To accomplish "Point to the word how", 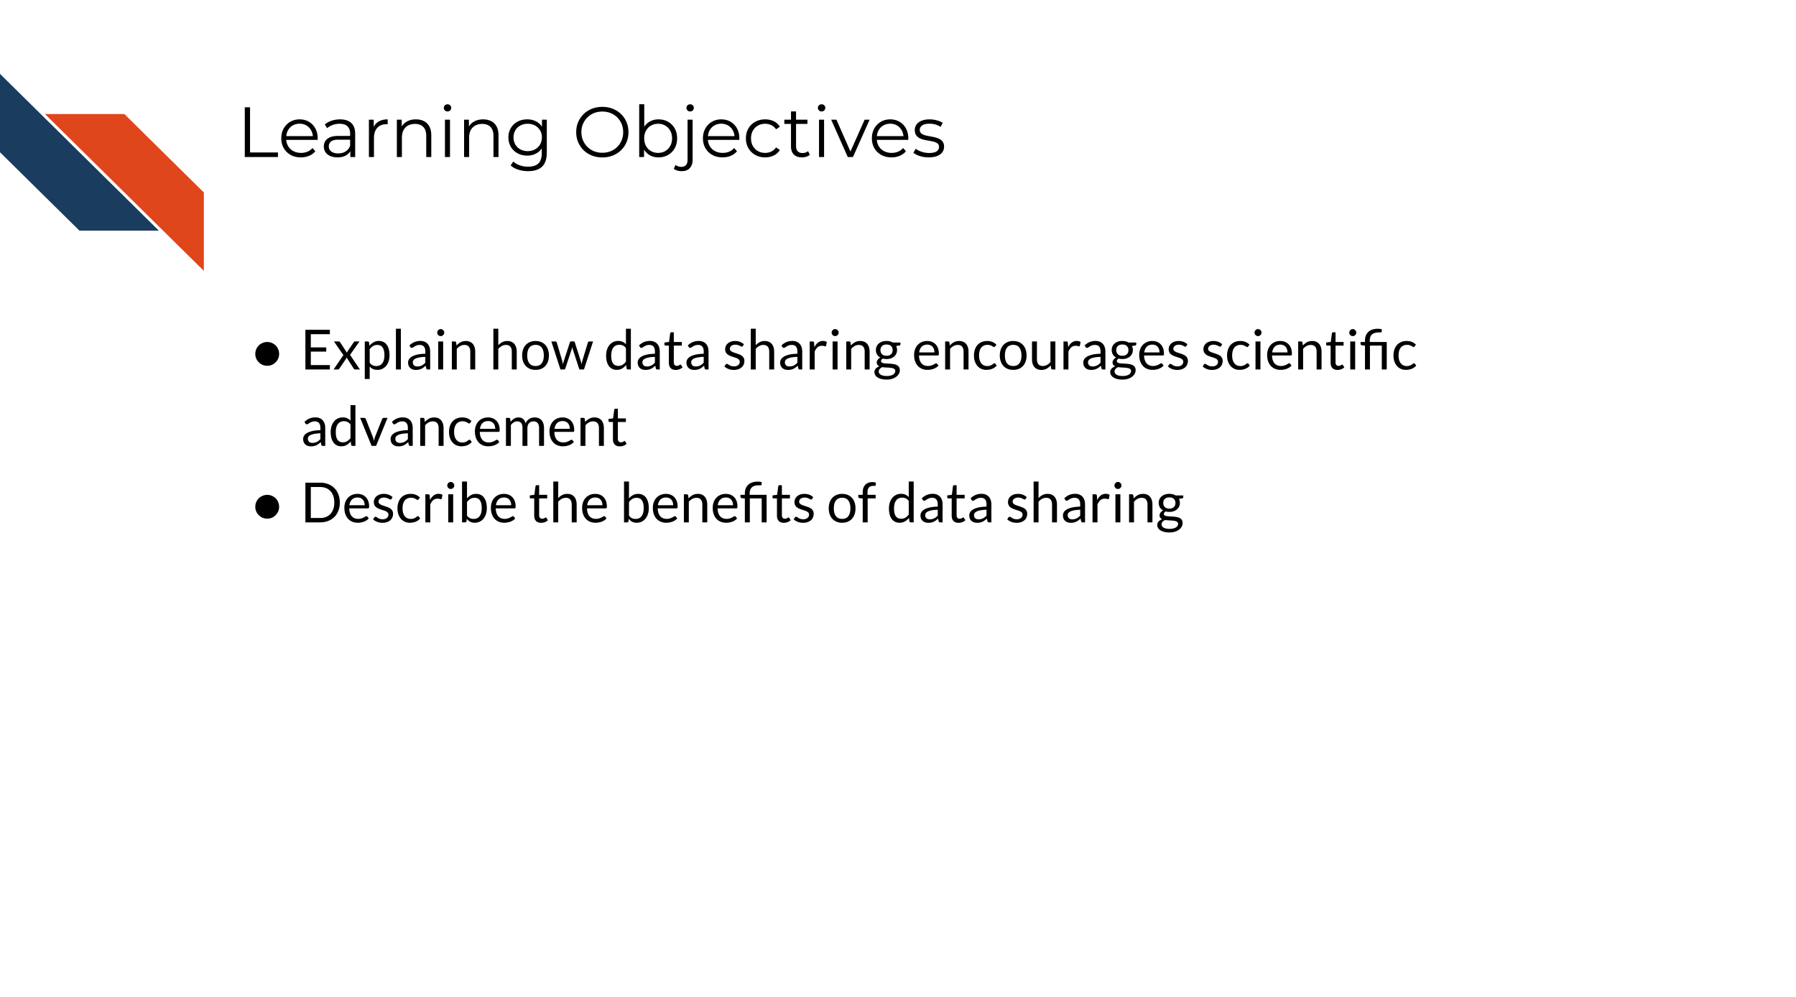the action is tap(542, 351).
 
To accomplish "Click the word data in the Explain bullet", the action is tap(658, 351).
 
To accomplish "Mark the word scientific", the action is tap(1310, 351).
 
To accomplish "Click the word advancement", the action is tap(464, 427).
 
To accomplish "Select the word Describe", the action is tap(409, 503).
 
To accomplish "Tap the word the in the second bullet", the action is tap(569, 503).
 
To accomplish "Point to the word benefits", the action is tap(718, 503).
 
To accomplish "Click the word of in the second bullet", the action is tap(851, 503).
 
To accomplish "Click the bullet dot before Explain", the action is tap(267, 353).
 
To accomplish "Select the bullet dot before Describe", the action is tap(267, 506).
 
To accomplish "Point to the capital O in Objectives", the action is tap(602, 133).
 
